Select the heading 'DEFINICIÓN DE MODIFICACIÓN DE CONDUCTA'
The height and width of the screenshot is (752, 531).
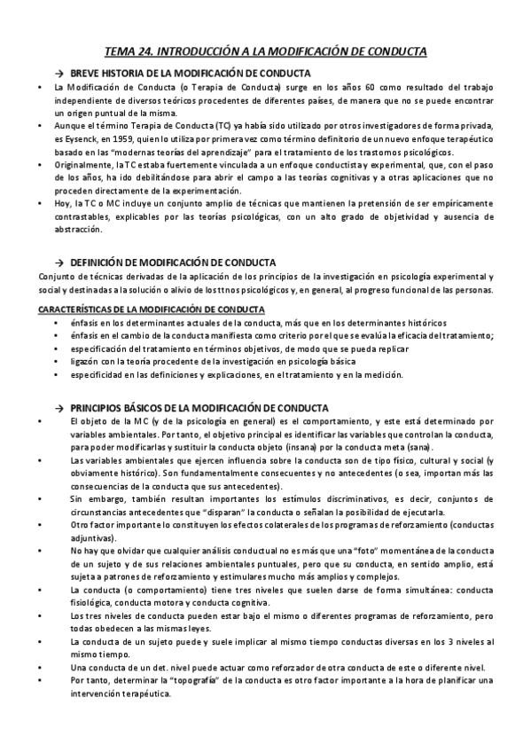point(172,263)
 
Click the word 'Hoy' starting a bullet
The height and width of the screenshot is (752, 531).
point(60,203)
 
